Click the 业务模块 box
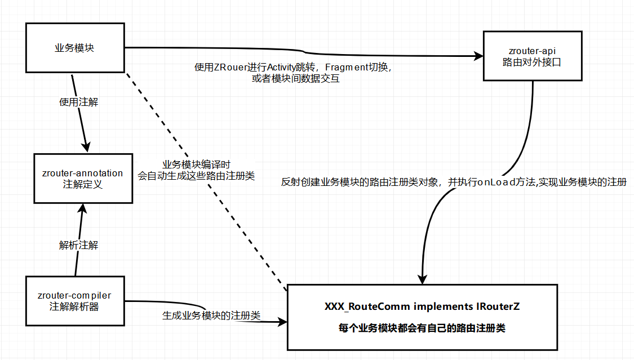(75, 48)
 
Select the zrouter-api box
(531, 56)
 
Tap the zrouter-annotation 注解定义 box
(82, 178)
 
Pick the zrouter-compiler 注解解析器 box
(74, 301)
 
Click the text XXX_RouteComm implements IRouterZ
(422, 307)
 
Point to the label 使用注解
(83, 103)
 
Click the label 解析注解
(79, 245)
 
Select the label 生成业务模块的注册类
(211, 316)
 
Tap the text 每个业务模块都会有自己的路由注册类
(422, 328)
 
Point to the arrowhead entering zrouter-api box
(479, 56)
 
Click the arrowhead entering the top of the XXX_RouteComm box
(422, 279)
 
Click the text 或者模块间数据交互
(295, 79)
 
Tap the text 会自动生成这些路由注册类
(196, 176)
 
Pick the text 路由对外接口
(531, 62)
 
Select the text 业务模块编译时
(196, 165)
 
